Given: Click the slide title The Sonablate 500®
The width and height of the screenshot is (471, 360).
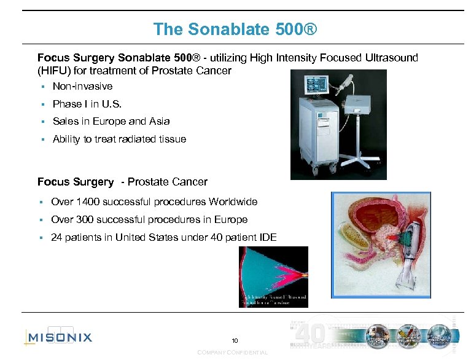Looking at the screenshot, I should coord(235,29).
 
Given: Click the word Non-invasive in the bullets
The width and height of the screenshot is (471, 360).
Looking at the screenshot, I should coord(82,87).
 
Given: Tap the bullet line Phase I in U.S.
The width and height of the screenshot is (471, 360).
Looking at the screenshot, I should coord(87,104).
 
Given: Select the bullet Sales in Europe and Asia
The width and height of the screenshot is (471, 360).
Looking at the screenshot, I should coord(111,122).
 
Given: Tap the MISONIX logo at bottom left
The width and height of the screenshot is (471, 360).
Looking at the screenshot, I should coord(58,337).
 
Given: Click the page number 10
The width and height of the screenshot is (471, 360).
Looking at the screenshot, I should coord(235,341).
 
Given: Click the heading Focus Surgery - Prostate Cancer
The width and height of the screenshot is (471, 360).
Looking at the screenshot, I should coord(122,182).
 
